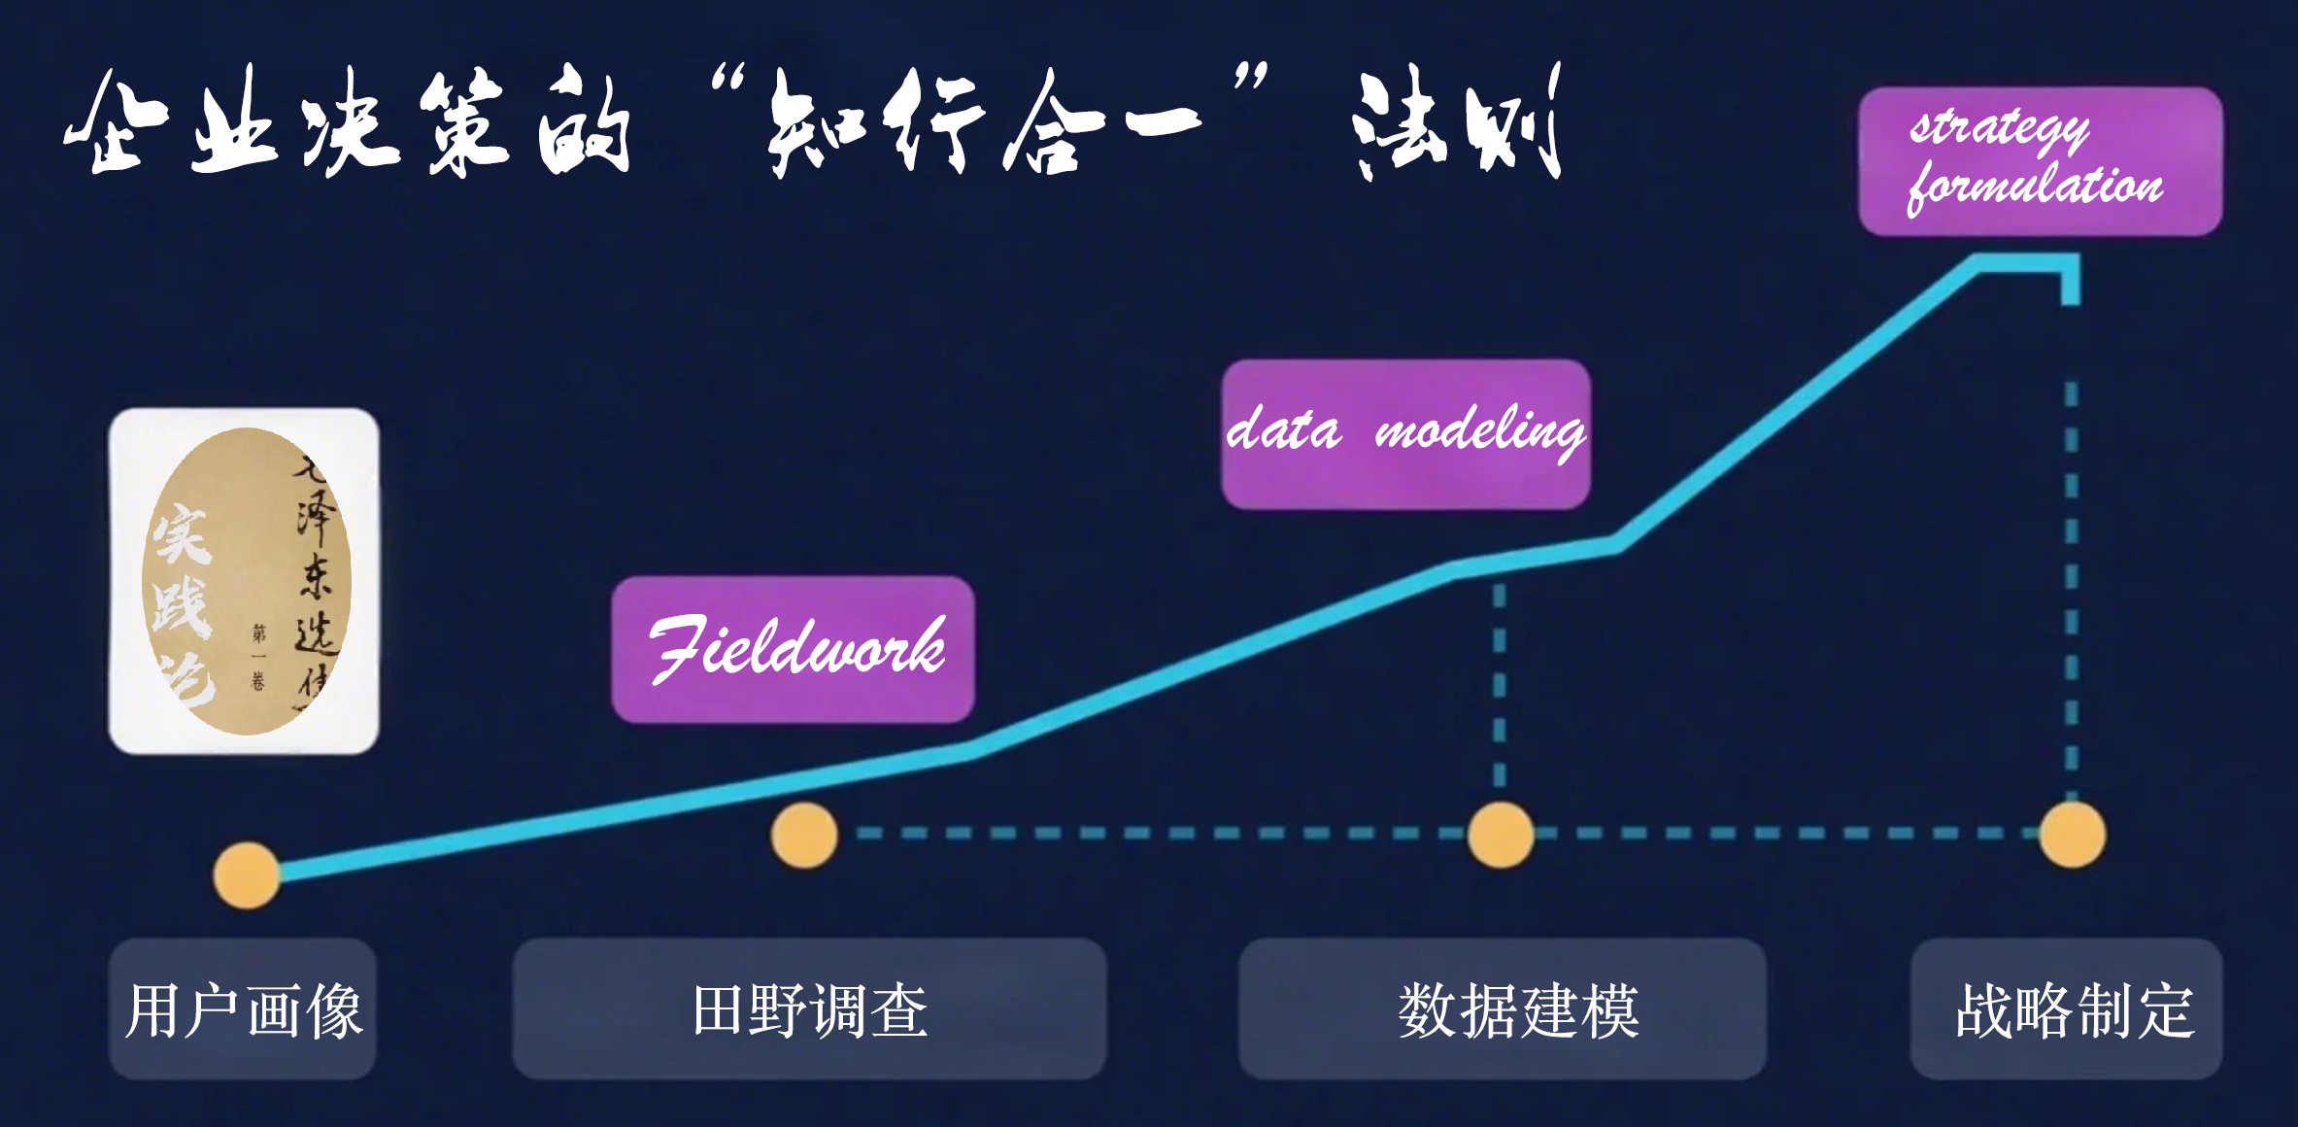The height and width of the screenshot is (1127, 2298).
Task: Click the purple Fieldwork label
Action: tap(793, 649)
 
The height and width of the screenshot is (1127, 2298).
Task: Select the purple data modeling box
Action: tap(1405, 433)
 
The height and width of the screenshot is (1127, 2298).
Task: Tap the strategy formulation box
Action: tap(2040, 161)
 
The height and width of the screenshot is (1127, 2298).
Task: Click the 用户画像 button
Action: tap(243, 1008)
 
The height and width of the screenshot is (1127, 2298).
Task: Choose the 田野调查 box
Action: tap(809, 1008)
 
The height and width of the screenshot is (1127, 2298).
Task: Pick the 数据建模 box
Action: tap(1502, 1008)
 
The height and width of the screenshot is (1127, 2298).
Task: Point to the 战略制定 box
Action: tap(2066, 1008)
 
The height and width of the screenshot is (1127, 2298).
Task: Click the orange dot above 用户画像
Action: tap(247, 875)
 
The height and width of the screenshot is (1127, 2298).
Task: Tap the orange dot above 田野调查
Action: tap(804, 835)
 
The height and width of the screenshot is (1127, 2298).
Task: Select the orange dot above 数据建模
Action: tap(1501, 835)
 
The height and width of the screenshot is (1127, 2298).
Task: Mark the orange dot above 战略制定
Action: tap(2072, 835)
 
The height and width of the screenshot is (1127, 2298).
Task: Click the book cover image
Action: tap(244, 581)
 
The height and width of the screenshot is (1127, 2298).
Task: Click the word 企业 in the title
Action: tap(171, 121)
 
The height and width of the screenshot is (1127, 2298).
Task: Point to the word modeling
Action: tap(1479, 431)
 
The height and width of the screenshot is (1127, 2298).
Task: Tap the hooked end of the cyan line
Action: tap(2071, 282)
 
